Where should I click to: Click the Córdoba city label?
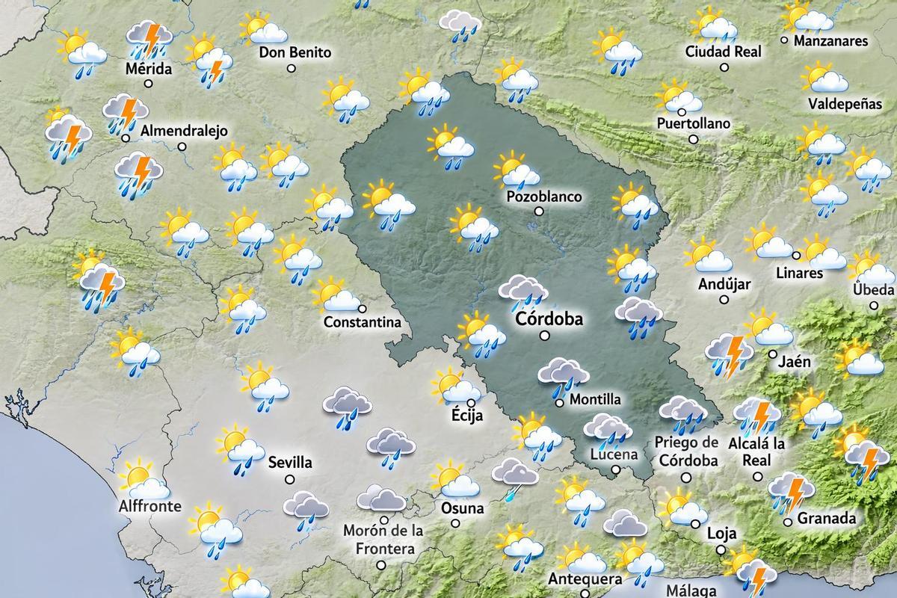[x=549, y=319]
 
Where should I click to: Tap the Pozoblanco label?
[x=543, y=197]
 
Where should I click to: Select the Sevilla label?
[x=290, y=463]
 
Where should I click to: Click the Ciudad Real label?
[x=724, y=52]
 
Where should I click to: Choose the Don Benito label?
[x=295, y=52]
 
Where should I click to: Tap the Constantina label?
[x=363, y=323]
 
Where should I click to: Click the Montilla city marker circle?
[x=559, y=403]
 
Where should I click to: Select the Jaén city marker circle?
[x=772, y=354]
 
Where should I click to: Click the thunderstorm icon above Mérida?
[x=149, y=39]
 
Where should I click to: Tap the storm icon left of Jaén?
[x=730, y=354]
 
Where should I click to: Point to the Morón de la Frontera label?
[x=383, y=540]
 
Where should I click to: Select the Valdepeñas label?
[x=845, y=104]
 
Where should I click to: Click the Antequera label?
[x=585, y=579]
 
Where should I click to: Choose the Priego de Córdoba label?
[x=688, y=451]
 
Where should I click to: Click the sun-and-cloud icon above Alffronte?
[x=144, y=481]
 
